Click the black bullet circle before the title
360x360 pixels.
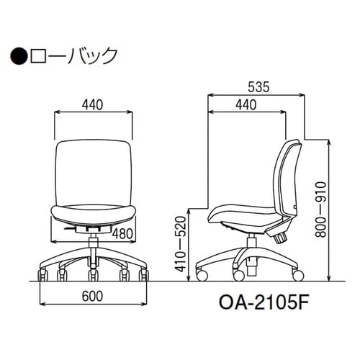19,54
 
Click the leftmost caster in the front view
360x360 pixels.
42,275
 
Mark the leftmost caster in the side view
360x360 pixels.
201,275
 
